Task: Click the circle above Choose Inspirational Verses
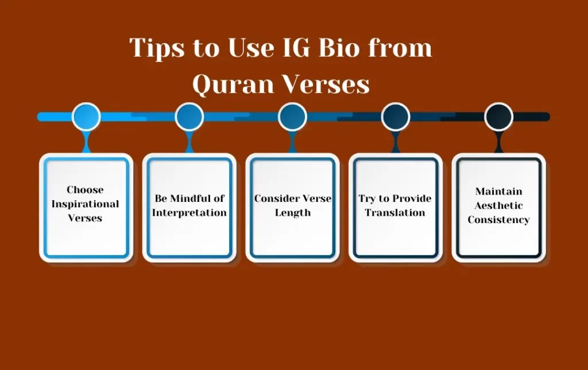click(86, 116)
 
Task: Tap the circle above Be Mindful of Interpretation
click(189, 116)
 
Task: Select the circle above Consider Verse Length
click(292, 116)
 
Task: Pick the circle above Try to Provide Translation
click(396, 116)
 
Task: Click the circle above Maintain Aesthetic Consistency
click(498, 116)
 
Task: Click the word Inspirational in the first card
click(86, 204)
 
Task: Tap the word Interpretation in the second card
click(189, 213)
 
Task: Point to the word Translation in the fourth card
click(395, 213)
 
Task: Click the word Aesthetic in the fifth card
click(498, 205)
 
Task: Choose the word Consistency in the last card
click(498, 220)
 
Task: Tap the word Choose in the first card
click(86, 190)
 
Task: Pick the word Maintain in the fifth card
click(498, 191)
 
